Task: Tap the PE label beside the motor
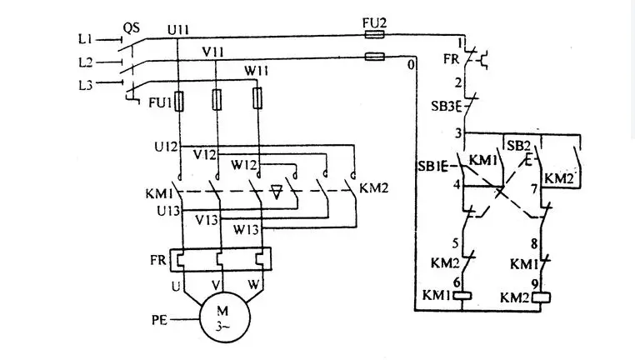[x=159, y=320]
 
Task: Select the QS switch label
[x=131, y=28]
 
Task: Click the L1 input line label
[x=86, y=39]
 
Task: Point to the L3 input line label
[x=86, y=85]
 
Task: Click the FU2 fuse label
[x=375, y=23]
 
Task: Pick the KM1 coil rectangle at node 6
[x=462, y=296]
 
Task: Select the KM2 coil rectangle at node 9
[x=541, y=298]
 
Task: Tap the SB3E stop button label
[x=447, y=107]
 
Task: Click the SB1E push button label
[x=432, y=166]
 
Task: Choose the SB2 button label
[x=518, y=146]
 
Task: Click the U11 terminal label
[x=178, y=30]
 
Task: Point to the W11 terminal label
[x=257, y=72]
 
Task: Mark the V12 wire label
[x=205, y=155]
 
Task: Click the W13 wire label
[x=246, y=230]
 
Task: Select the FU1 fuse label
[x=160, y=102]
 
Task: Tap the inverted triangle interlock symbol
[x=277, y=192]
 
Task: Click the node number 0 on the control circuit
[x=411, y=64]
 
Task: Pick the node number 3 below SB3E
[x=457, y=132]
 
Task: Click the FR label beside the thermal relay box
[x=158, y=259]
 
